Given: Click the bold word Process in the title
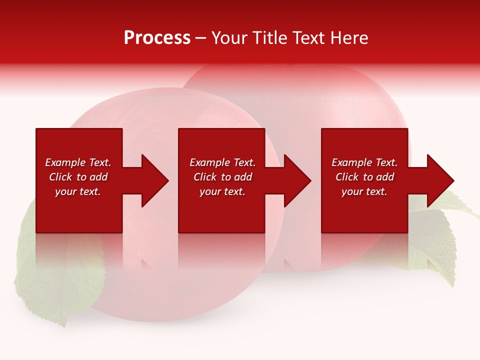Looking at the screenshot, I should point(157,38).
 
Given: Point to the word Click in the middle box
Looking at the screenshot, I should point(205,177).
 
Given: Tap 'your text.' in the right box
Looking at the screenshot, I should point(364,191).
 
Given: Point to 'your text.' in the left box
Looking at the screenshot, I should point(77,191).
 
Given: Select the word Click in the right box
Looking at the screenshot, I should point(347,177).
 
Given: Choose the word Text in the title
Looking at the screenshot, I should point(308,38).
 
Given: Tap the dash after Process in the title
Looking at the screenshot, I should point(200,38).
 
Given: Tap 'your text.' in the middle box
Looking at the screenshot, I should point(222,191).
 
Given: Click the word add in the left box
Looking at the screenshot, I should point(98,177).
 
